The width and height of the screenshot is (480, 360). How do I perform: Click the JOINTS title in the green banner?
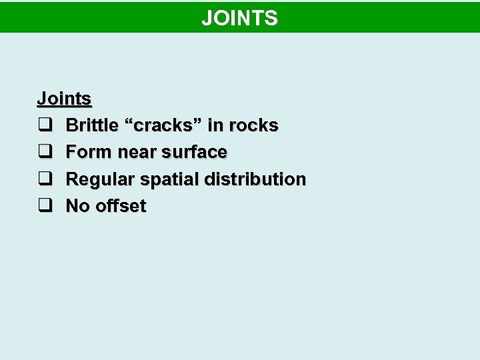(239, 18)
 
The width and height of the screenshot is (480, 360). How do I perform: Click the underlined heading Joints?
(64, 99)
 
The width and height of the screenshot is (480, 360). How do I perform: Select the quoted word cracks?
(163, 125)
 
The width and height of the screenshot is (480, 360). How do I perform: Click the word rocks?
(253, 125)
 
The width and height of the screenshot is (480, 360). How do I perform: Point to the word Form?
(89, 152)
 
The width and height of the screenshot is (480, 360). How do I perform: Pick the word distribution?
(255, 179)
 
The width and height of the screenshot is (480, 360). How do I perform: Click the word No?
(78, 206)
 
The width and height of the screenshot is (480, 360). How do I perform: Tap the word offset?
(121, 206)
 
